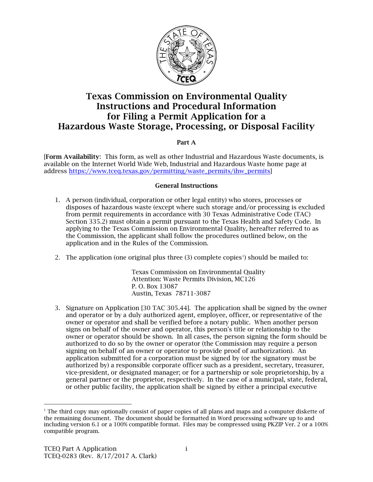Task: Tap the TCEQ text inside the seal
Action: (186, 78)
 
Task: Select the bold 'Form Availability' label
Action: (73, 157)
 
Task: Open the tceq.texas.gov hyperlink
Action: (170, 171)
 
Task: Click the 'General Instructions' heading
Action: (186, 185)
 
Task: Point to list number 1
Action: (57, 200)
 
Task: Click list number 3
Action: (57, 308)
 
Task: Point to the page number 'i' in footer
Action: (186, 449)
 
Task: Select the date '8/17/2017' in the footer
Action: (119, 456)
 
